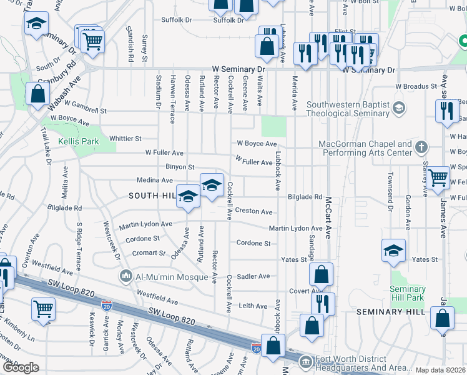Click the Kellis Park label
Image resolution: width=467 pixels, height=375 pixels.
pos(79,142)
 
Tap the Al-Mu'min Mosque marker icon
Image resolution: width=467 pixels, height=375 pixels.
pos(126,276)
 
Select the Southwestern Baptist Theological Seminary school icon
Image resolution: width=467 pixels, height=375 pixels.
pos(398,109)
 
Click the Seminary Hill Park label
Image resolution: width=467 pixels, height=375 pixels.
pos(407,293)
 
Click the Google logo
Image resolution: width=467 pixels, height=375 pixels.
pos(21,367)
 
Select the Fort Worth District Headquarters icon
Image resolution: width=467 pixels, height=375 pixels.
pos(305,362)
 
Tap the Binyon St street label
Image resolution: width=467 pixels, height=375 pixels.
pos(180,167)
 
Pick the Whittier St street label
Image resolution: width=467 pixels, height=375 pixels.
pos(125,138)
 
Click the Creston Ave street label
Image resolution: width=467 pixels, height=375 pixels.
pos(253,212)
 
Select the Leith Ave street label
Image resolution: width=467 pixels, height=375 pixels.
pos(253,306)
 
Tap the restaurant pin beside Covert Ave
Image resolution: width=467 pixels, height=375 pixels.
pos(323,304)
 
